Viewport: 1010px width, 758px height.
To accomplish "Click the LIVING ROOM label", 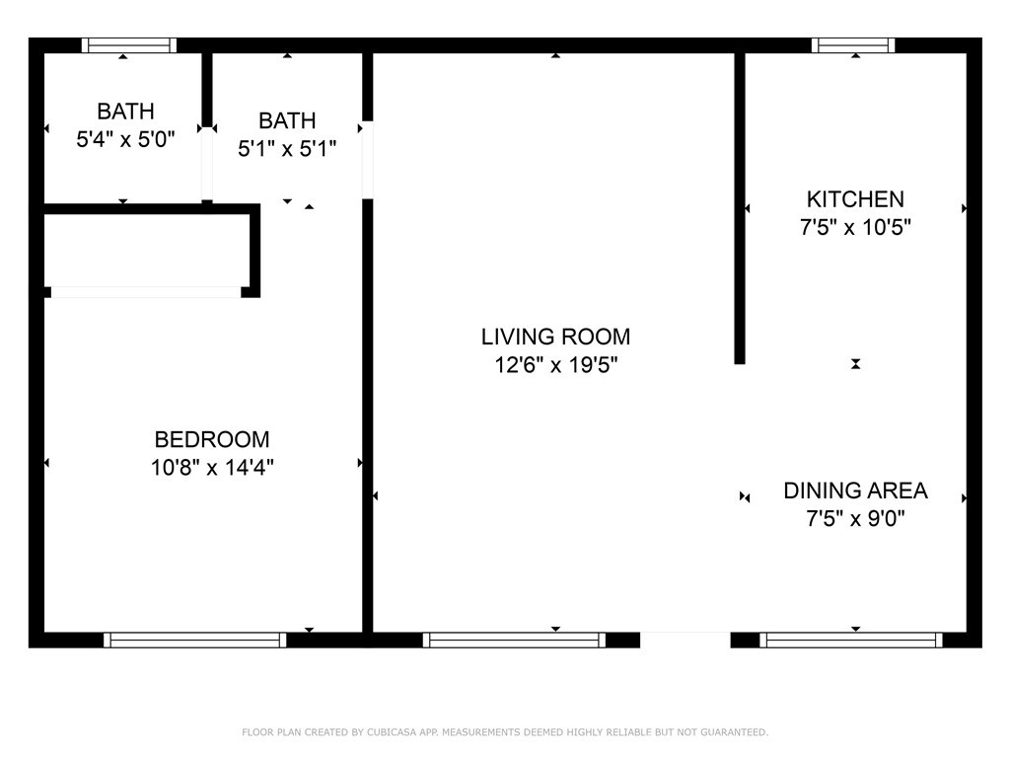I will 555,337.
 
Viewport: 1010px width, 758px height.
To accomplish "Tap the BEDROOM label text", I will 212,439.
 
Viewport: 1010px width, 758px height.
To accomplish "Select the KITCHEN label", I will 854,199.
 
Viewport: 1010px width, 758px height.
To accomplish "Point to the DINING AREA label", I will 855,491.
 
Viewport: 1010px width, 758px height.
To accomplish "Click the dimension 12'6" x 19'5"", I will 555,365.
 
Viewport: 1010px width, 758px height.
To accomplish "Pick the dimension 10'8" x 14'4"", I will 212,467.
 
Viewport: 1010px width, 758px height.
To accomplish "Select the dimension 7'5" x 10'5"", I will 854,227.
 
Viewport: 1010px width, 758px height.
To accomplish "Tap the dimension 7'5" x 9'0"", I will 855,518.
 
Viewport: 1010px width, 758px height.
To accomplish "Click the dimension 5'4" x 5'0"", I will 125,139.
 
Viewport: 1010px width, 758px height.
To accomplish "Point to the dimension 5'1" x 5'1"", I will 287,149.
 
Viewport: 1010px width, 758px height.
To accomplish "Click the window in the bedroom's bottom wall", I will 195,640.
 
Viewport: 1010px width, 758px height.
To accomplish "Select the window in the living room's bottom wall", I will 514,640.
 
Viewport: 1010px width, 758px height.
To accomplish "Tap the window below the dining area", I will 850,640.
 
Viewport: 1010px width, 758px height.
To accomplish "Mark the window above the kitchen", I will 853,44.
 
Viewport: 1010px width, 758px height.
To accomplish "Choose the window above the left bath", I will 129,44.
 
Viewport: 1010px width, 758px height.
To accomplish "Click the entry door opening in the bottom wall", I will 685,640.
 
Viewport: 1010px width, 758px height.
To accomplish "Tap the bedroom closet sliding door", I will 146,292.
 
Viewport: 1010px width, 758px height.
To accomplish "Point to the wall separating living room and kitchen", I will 739,207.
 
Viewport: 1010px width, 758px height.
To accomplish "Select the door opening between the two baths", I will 207,163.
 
